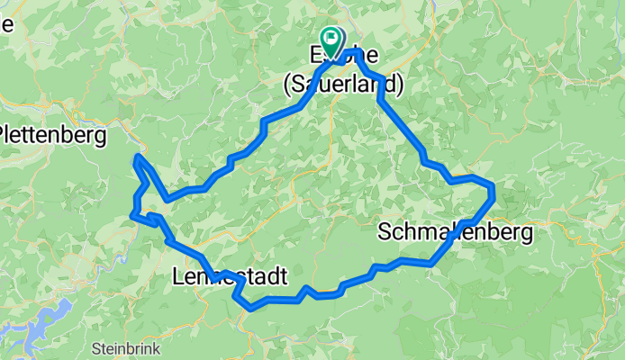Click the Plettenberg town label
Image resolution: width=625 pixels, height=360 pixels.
[52, 135]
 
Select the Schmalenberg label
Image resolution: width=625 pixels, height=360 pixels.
[455, 232]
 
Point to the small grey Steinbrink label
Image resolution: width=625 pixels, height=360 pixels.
[123, 346]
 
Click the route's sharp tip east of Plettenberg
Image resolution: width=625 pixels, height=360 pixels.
[137, 157]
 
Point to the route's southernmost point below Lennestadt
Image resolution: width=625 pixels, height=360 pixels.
[251, 308]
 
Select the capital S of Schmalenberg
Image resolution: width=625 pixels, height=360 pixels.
[385, 232]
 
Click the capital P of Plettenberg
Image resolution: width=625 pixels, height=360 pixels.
[5, 135]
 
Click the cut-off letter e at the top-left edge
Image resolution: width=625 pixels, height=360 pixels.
[5, 23]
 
